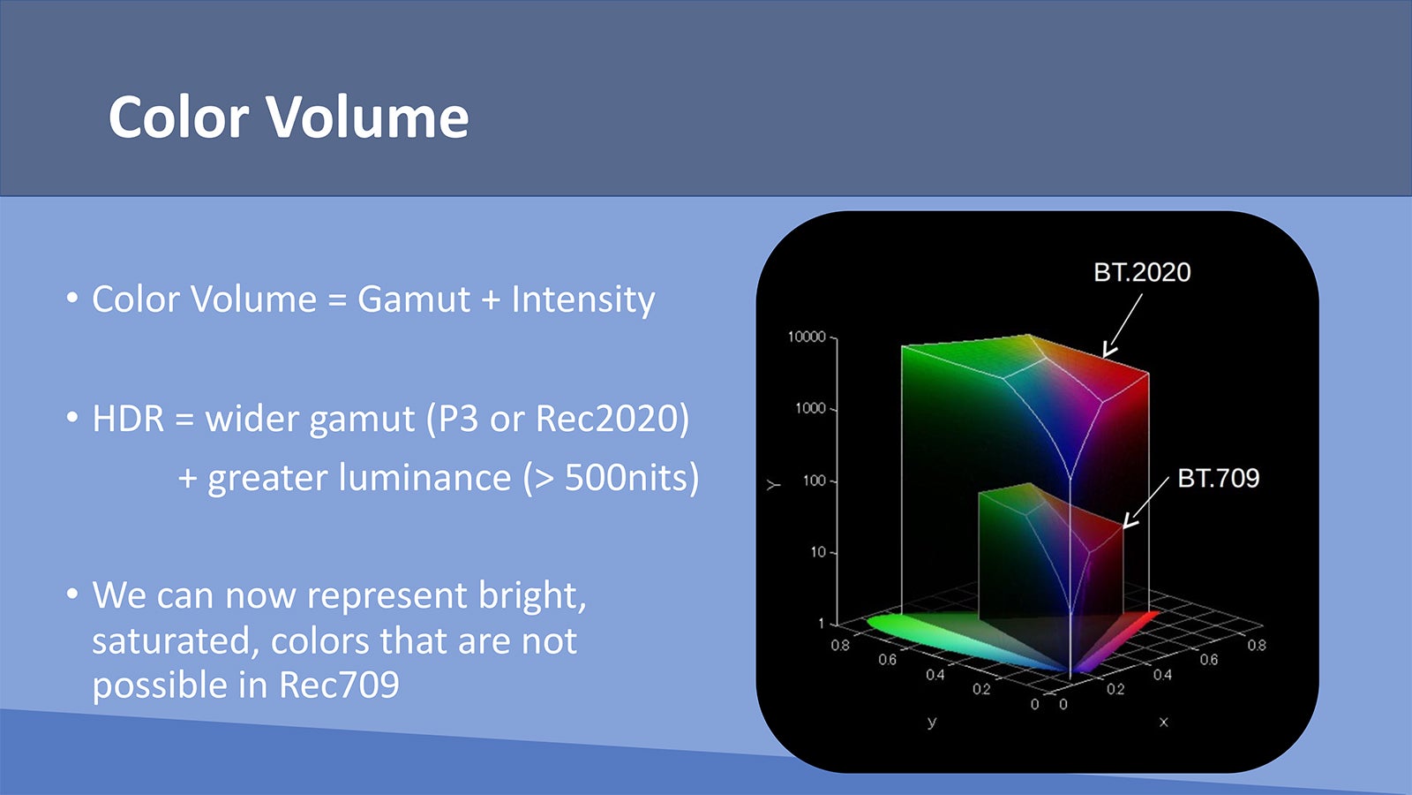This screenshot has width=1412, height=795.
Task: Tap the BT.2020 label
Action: click(1142, 273)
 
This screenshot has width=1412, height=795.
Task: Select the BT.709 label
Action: click(1218, 478)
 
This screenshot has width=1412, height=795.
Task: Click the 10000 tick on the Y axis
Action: click(807, 337)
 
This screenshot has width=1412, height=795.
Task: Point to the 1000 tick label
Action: click(810, 408)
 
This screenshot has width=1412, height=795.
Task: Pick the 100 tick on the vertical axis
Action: click(814, 481)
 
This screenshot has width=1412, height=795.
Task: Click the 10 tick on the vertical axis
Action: click(817, 552)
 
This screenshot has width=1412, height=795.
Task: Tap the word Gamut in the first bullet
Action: click(414, 299)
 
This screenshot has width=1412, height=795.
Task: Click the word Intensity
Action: click(583, 300)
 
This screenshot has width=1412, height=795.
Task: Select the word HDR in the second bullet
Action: click(128, 419)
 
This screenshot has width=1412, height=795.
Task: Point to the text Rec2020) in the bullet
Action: click(612, 419)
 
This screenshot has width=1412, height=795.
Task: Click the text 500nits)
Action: click(632, 478)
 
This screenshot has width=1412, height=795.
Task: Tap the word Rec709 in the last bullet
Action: click(339, 685)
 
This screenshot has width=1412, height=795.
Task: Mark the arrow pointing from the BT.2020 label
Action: click(1122, 326)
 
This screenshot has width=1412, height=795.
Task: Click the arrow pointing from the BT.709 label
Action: click(1145, 503)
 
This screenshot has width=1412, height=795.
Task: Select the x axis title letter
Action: click(1164, 722)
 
